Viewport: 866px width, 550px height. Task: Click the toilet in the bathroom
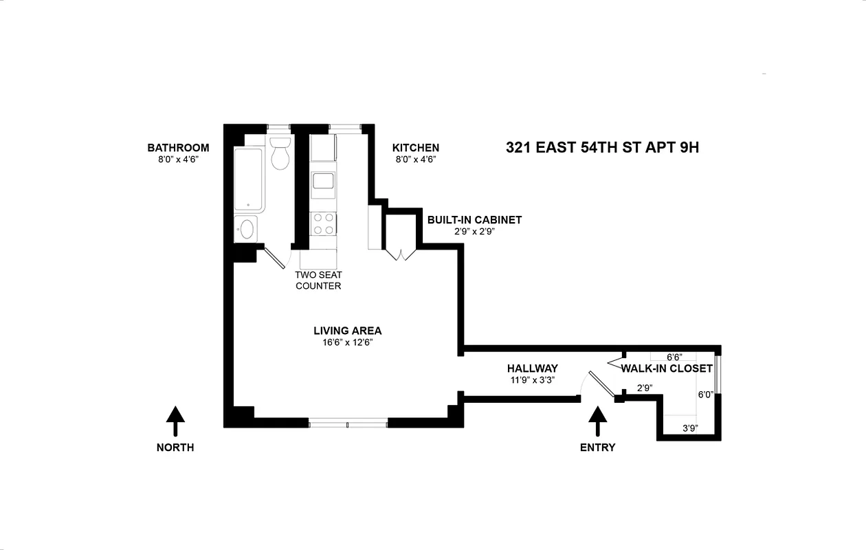(280, 153)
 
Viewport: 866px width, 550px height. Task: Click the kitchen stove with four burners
(324, 223)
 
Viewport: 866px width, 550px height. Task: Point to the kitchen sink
(323, 181)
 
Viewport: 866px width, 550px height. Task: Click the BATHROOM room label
(178, 148)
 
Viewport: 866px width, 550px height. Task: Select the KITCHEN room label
(415, 148)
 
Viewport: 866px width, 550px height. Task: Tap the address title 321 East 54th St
(602, 147)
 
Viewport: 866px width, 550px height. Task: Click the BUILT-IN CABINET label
(474, 220)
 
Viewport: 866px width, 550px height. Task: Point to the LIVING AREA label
(347, 331)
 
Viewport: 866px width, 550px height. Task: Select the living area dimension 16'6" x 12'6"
(347, 342)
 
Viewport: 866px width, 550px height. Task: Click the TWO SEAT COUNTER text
(318, 280)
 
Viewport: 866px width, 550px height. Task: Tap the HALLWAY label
(532, 368)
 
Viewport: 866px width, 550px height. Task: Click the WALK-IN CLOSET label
(667, 368)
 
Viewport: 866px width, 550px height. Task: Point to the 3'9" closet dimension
(690, 428)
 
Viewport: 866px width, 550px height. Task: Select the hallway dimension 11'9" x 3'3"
(532, 380)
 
